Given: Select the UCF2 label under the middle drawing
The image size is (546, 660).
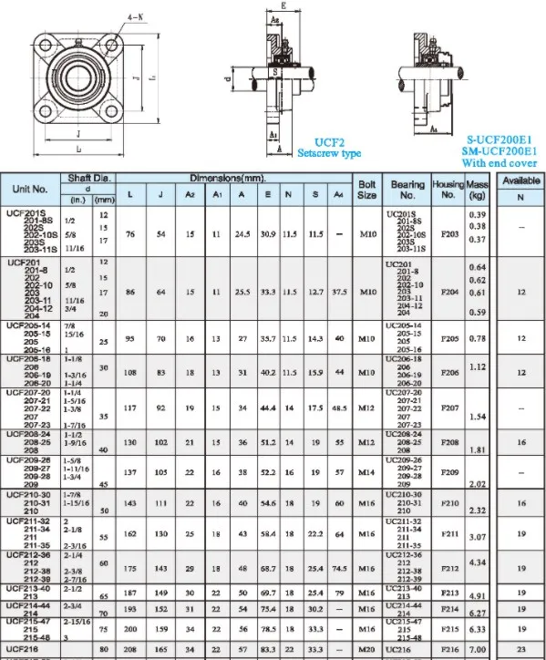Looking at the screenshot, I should coord(329,142).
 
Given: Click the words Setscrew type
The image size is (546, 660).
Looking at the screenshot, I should coord(329,154).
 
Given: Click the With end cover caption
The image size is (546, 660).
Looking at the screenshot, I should coord(500,163).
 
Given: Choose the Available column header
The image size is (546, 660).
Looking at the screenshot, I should coord(520,180).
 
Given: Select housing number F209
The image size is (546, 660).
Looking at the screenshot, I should coord(448,474).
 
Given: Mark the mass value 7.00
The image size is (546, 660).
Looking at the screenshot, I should coord(477,647).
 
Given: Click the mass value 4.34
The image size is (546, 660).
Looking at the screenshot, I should coord(477,562).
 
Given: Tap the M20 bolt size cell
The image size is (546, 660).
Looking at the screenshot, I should coord(366,648).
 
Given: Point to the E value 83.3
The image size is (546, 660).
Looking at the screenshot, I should coord(268,648).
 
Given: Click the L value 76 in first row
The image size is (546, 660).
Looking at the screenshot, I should coord(130,232).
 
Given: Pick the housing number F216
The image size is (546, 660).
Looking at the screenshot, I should coord(448,648).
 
